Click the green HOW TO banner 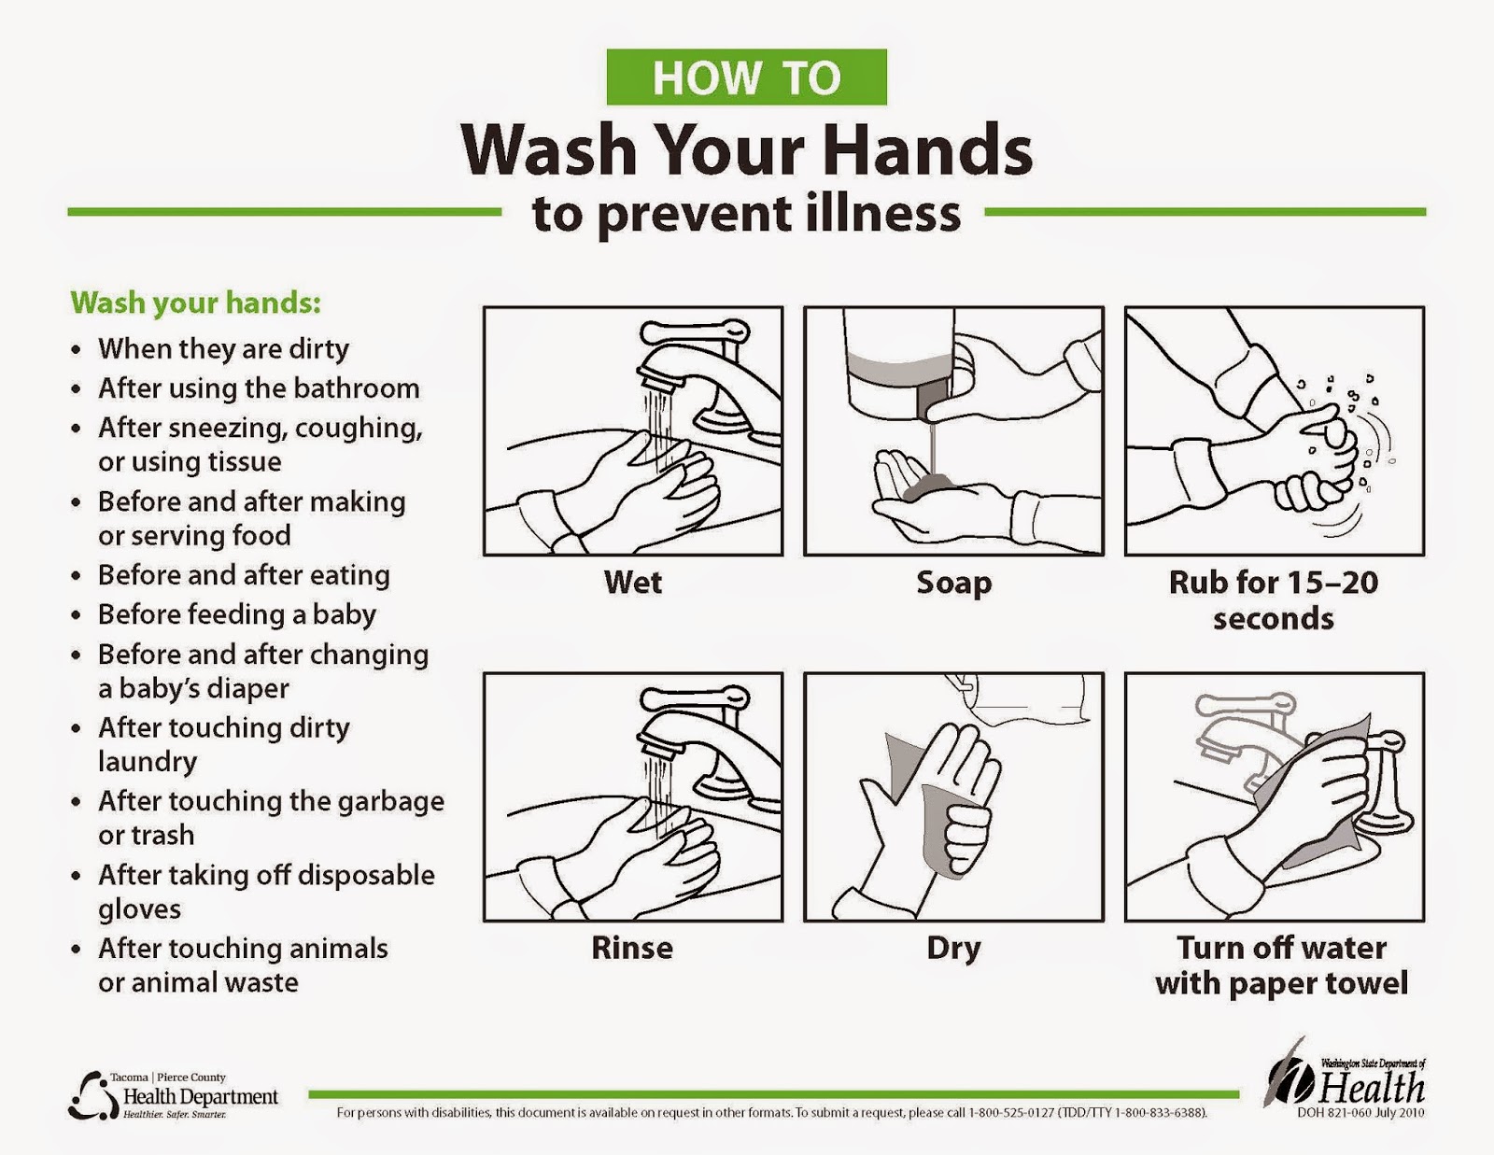click(746, 77)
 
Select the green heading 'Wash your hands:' click(195, 303)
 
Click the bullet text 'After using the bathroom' click(259, 387)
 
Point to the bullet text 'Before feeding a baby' click(237, 614)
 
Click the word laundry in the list click(148, 763)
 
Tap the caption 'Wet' click(632, 583)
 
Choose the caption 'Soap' click(953, 584)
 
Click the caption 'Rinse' click(632, 948)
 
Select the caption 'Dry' click(953, 950)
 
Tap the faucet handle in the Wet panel click(695, 331)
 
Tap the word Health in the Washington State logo click(1371, 1089)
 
